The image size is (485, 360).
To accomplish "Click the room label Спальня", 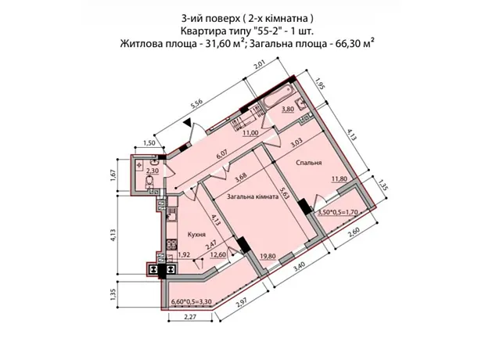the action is [309, 163].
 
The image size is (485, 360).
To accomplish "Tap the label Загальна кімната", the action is [253, 196].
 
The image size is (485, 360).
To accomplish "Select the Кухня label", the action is [196, 234].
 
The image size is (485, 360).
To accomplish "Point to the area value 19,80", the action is [268, 256].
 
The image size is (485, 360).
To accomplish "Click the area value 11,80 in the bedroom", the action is [339, 178].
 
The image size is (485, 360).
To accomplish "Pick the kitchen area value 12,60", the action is [217, 255].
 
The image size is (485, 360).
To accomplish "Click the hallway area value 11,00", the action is [250, 133].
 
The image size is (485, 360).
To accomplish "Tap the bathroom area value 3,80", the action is [288, 109].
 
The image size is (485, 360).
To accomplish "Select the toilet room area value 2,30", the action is [153, 170].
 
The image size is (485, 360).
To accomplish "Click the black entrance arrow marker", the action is [188, 123].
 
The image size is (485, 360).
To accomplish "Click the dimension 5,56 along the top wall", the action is [196, 105].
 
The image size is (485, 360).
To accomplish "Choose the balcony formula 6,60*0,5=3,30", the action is [192, 302].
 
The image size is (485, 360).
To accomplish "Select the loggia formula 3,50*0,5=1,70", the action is [338, 212].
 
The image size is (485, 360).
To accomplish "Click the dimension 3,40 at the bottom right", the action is [297, 267].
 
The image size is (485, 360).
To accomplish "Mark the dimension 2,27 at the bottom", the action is [190, 317].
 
